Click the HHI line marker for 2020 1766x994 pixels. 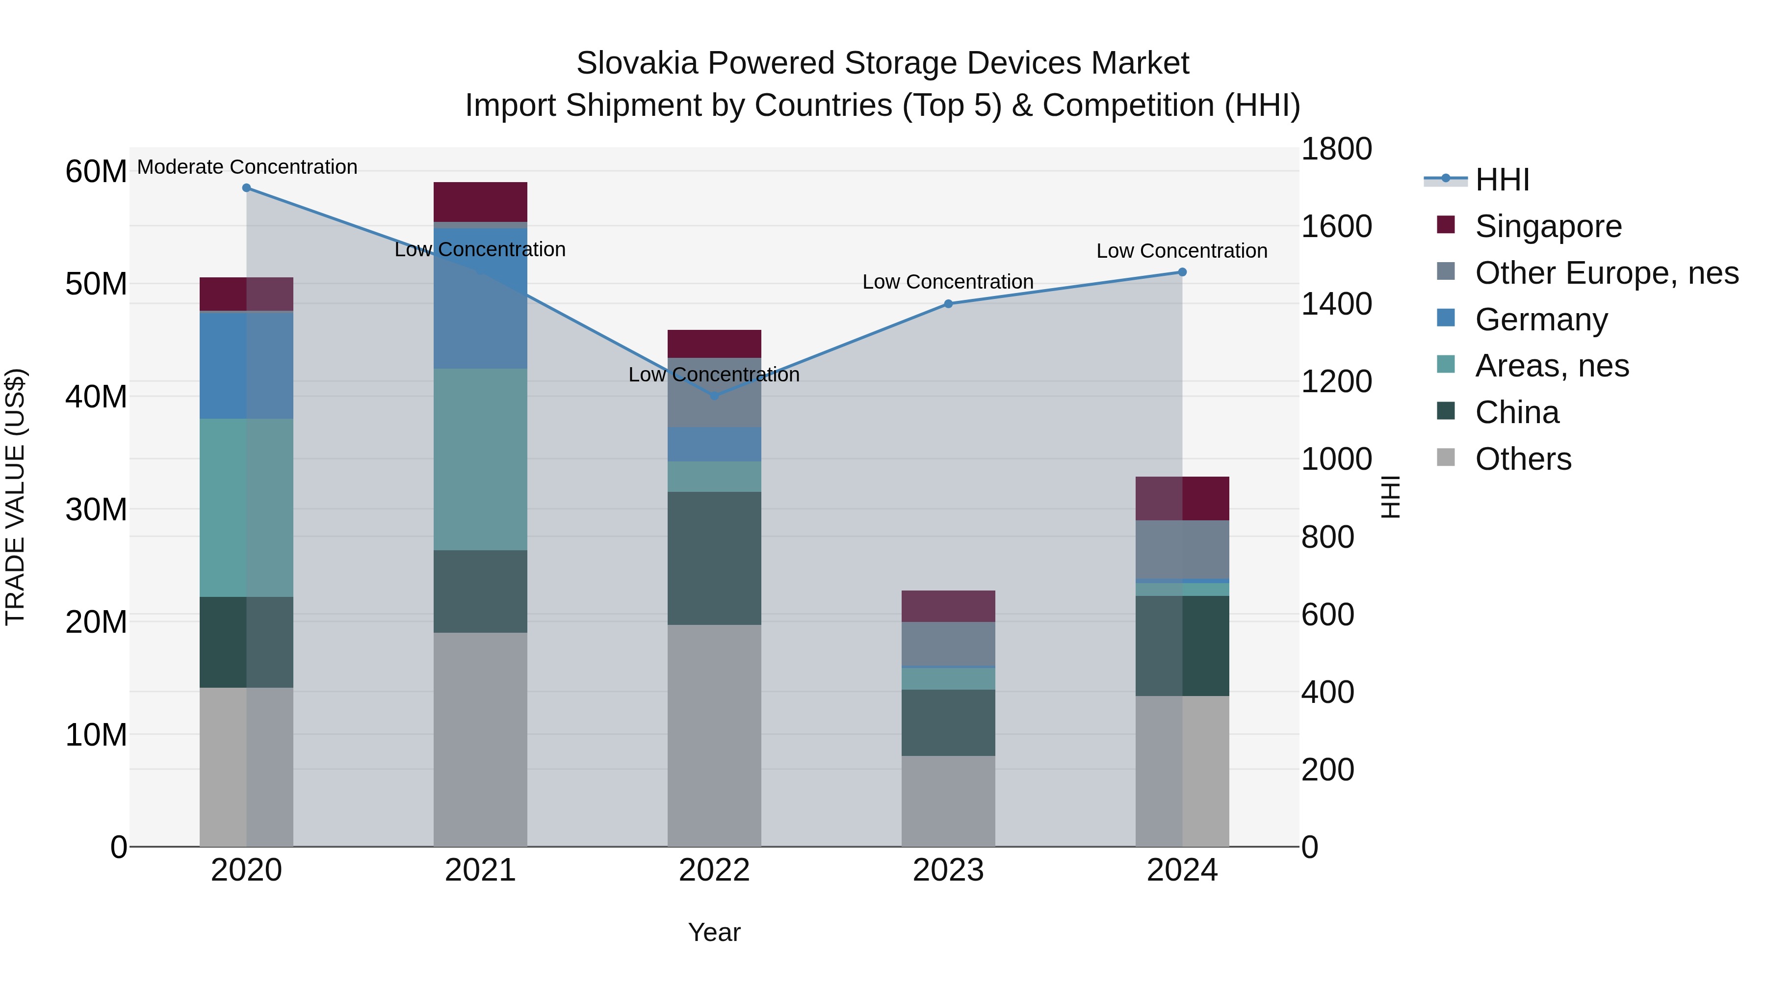[x=246, y=188]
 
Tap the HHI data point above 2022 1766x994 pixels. [x=714, y=396]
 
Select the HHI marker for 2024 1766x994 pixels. [x=1182, y=272]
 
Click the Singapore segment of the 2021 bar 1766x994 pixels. [x=480, y=202]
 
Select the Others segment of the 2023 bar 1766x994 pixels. [x=948, y=801]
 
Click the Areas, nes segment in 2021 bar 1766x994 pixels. [x=480, y=459]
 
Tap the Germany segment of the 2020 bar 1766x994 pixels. [x=246, y=365]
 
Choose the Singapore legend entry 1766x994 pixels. [x=1548, y=226]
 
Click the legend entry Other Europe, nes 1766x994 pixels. [x=1606, y=273]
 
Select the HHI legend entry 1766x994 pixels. [x=1502, y=180]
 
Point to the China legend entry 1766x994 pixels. [x=1516, y=412]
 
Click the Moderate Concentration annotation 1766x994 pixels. [x=247, y=167]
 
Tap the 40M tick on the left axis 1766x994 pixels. [x=96, y=397]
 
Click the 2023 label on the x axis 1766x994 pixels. [x=948, y=870]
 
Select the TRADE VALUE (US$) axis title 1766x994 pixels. [x=16, y=497]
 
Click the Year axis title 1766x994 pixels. [x=714, y=932]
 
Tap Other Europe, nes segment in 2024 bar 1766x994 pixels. [x=1182, y=549]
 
